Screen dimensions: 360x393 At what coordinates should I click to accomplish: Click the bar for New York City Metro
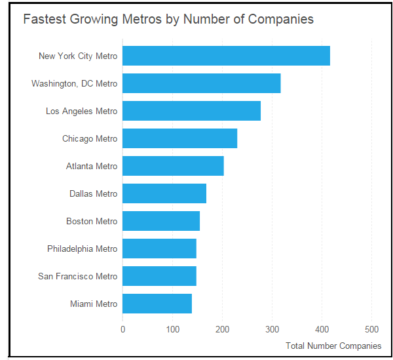tap(226, 56)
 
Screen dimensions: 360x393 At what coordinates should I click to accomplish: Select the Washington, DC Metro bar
tap(201, 83)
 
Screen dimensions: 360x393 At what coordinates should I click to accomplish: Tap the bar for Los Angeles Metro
tap(191, 111)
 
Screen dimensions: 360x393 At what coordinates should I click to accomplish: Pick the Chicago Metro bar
tap(179, 138)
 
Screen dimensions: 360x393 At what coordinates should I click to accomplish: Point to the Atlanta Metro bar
tap(173, 166)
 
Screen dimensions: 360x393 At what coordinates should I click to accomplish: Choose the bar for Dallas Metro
tap(164, 193)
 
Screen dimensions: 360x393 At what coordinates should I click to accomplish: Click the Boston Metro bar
tap(161, 221)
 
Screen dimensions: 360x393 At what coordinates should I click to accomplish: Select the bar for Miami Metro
tap(157, 304)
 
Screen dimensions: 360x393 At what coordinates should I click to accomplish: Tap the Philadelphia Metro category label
tap(82, 249)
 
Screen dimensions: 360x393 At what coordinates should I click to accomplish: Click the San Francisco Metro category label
tap(77, 276)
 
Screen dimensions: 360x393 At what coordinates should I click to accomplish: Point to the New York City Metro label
tap(78, 56)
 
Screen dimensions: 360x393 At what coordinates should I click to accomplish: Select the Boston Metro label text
tap(92, 221)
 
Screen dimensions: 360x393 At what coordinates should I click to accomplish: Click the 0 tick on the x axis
tap(122, 329)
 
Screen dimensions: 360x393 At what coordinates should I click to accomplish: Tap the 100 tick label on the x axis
tap(172, 329)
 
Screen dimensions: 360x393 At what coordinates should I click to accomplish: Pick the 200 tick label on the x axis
tap(222, 329)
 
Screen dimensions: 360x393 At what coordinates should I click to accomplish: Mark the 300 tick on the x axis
tap(272, 329)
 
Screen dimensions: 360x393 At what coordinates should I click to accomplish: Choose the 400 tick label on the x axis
tap(322, 329)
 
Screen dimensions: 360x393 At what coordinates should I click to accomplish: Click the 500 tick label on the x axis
tap(371, 329)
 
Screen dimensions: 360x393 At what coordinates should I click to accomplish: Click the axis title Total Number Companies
tap(333, 346)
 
